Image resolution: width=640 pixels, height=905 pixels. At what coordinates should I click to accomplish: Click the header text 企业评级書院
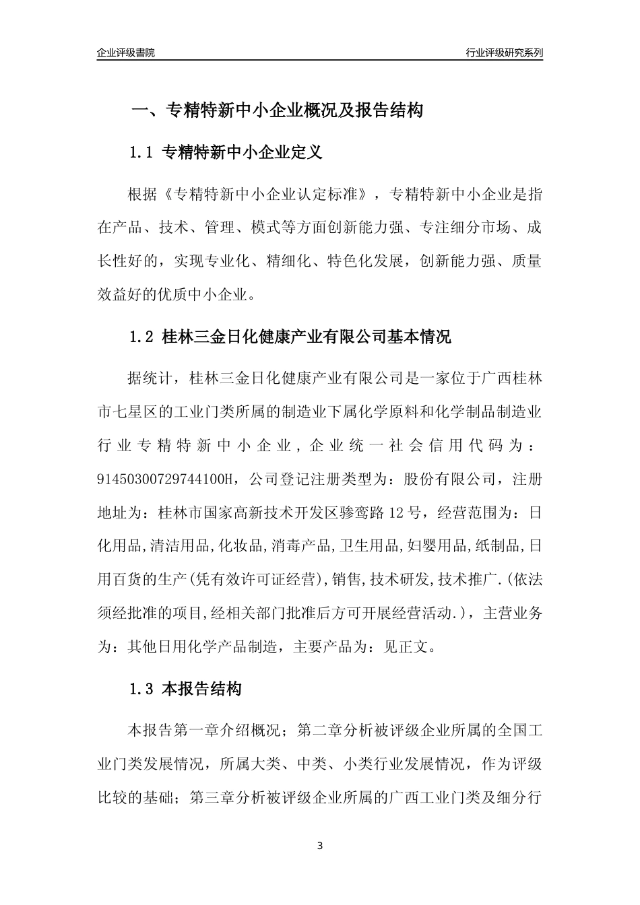click(x=126, y=53)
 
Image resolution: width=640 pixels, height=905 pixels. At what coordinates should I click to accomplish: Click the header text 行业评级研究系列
click(x=504, y=53)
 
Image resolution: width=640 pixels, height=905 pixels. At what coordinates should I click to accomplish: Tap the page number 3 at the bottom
click(x=320, y=846)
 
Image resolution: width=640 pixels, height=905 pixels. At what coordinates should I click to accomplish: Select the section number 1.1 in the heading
click(x=142, y=153)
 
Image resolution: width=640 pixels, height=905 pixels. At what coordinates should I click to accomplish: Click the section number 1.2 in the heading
click(x=142, y=337)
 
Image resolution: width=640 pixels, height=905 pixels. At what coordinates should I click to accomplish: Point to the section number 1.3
click(x=142, y=689)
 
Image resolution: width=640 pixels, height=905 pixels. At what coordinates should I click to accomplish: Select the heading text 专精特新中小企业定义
click(x=243, y=153)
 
